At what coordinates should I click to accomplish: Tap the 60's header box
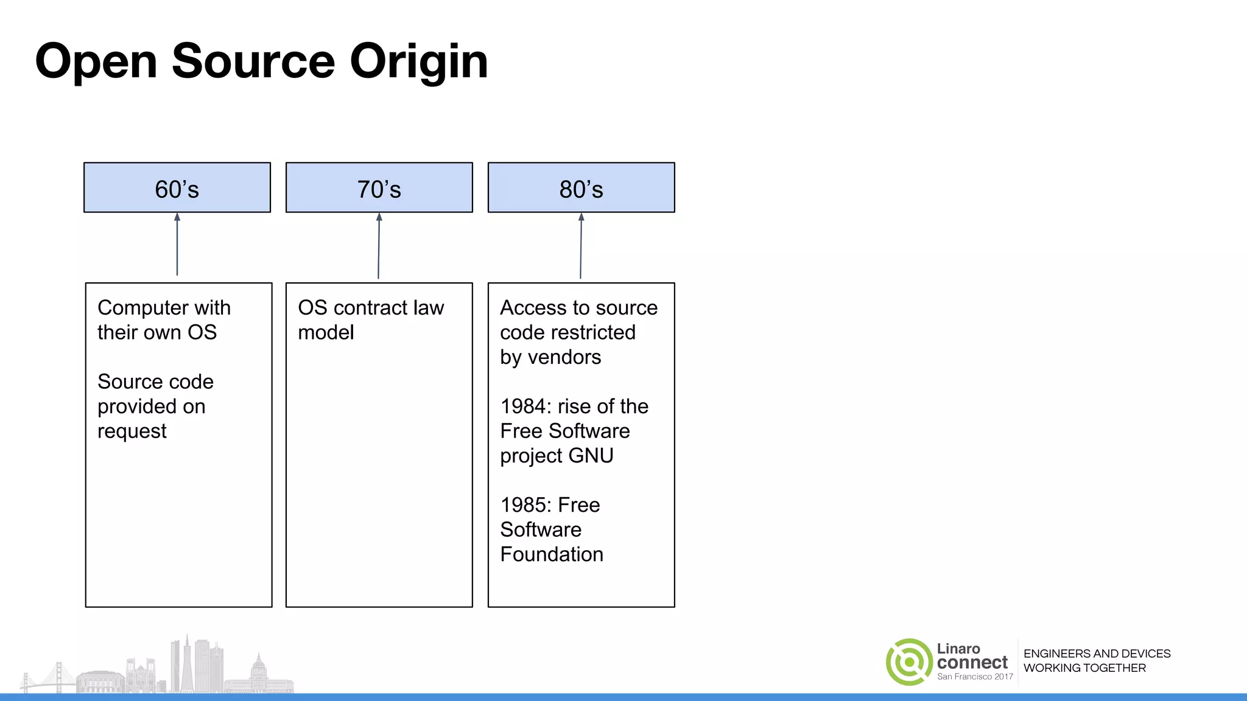coord(177,187)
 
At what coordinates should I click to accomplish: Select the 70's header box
coord(379,187)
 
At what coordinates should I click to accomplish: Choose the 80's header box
coord(581,187)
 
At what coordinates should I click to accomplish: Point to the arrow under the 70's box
coord(379,246)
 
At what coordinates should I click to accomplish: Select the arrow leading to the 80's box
coord(581,246)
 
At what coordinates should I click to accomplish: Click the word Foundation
coord(552,554)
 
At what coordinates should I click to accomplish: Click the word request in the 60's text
coord(132,431)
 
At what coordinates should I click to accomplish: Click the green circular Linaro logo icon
coord(909,662)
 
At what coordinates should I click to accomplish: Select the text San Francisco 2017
coord(975,677)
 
